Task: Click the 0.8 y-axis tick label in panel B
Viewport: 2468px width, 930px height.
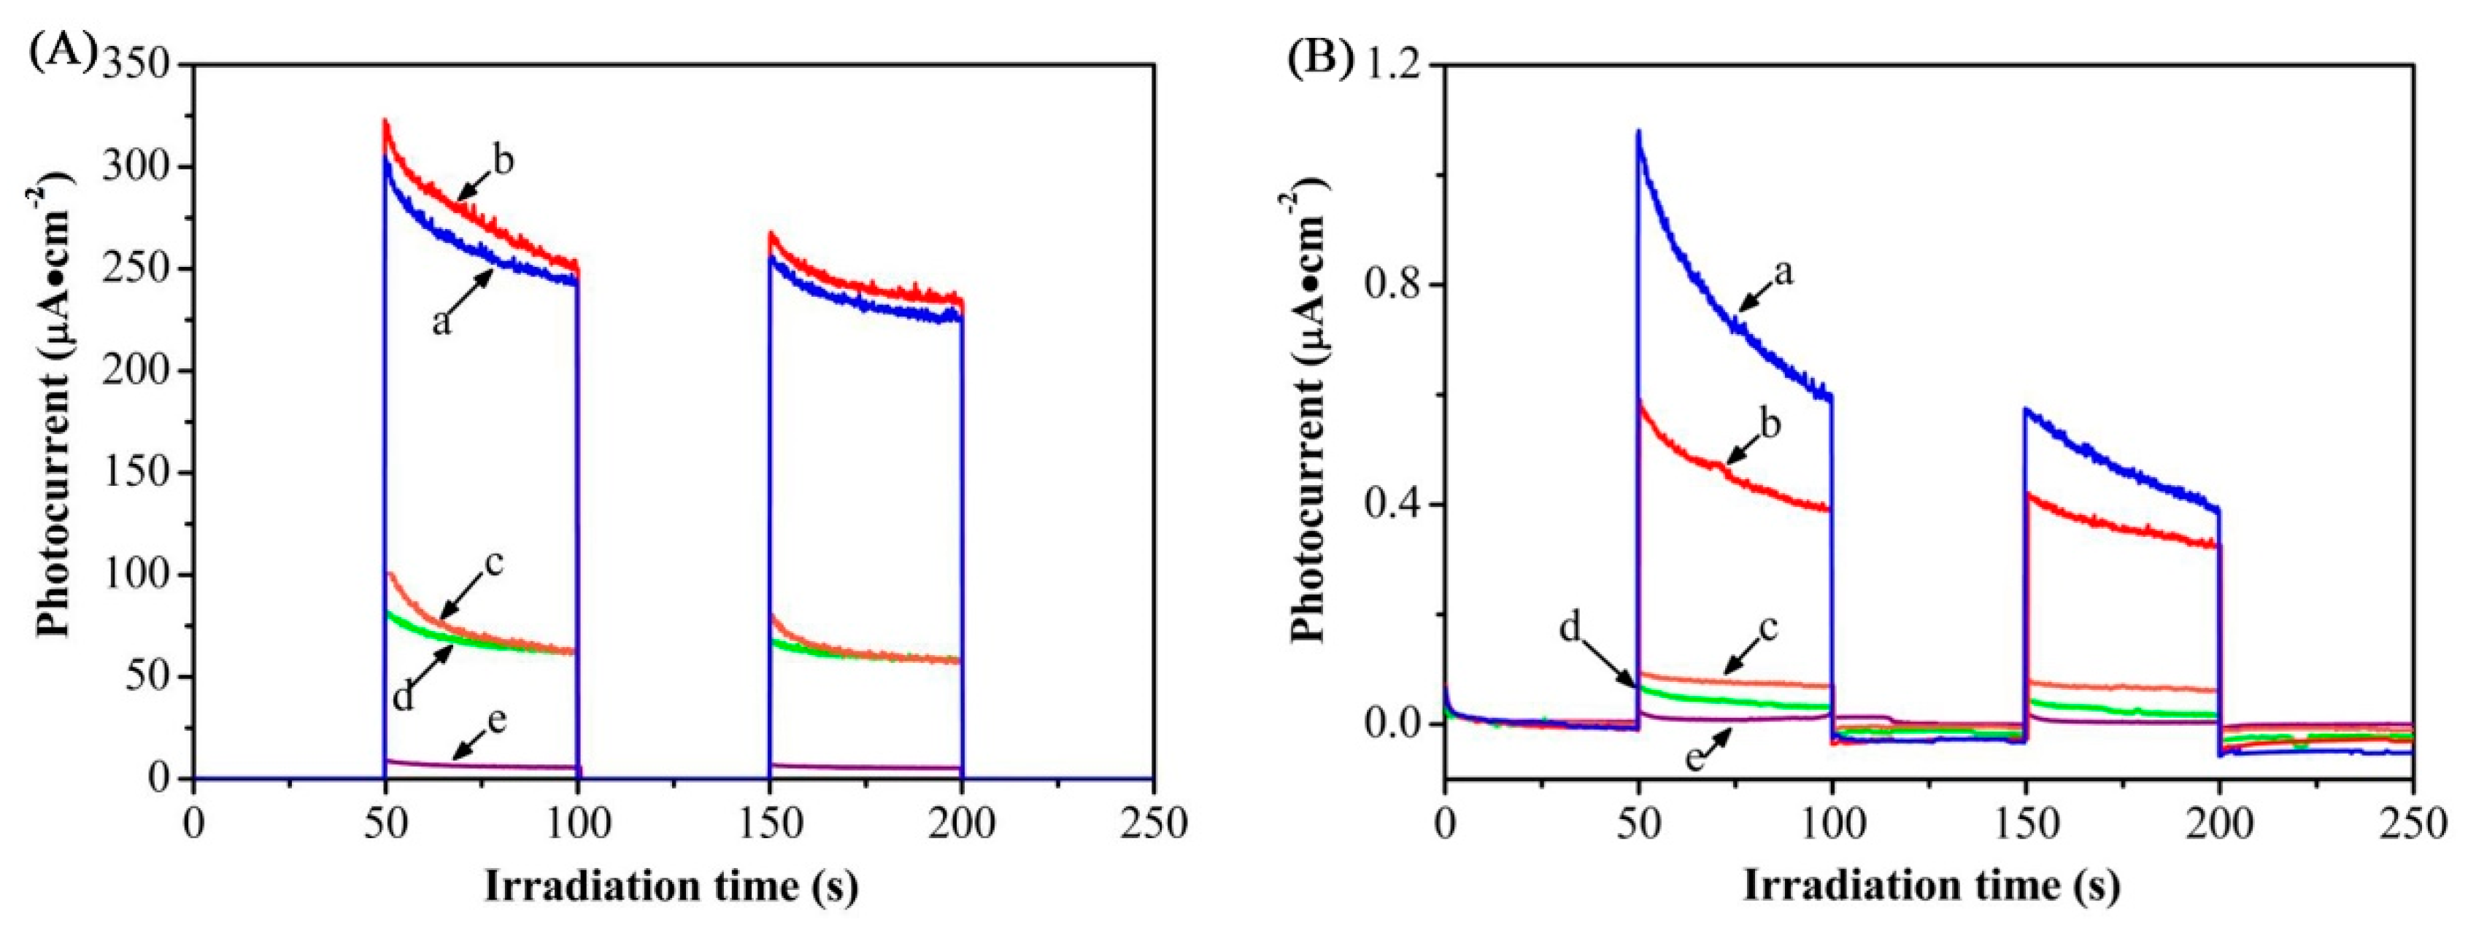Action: [1399, 285]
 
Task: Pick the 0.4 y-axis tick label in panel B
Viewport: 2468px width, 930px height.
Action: [1399, 505]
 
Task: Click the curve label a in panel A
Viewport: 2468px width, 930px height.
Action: [440, 321]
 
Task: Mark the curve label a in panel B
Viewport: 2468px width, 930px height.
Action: [1783, 273]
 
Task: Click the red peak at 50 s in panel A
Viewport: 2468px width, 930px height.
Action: [385, 122]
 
